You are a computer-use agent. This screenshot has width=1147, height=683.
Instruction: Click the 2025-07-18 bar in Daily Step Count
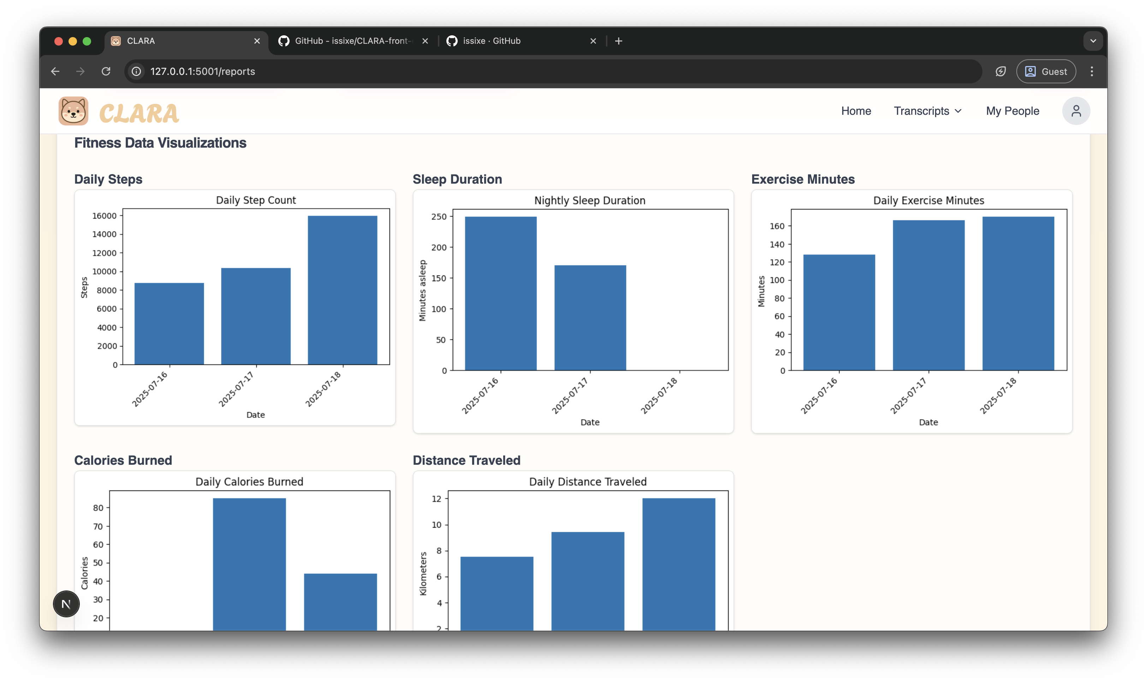coord(342,290)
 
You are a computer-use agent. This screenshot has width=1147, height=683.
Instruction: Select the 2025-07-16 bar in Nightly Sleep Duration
coord(500,293)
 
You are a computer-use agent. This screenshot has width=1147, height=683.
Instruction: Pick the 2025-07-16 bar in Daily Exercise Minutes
coord(839,312)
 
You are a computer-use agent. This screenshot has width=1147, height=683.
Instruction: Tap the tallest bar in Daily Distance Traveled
coord(679,564)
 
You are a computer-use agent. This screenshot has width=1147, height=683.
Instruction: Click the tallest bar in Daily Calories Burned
coord(249,564)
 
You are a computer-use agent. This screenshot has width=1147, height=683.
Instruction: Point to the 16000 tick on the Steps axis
coord(105,216)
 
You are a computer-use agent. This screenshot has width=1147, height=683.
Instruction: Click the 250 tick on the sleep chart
coord(439,217)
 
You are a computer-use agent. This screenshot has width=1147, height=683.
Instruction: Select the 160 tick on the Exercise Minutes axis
coord(777,226)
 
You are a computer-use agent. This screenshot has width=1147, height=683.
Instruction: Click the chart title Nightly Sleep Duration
coord(589,201)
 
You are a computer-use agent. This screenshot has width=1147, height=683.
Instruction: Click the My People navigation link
coord(1012,111)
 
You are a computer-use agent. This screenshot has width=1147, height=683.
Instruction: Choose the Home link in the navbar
coord(856,111)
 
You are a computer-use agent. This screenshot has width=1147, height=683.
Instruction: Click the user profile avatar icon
coord(1076,111)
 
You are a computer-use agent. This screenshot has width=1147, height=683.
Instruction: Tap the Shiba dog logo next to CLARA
coord(73,111)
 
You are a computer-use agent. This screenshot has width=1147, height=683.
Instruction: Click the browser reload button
coord(106,71)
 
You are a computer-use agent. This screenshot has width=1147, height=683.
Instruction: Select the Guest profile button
coord(1046,71)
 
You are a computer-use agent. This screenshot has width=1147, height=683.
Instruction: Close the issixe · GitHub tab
coord(593,41)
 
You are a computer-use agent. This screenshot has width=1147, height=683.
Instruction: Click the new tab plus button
coord(618,41)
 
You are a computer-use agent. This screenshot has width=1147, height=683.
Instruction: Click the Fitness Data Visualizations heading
coord(160,143)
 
